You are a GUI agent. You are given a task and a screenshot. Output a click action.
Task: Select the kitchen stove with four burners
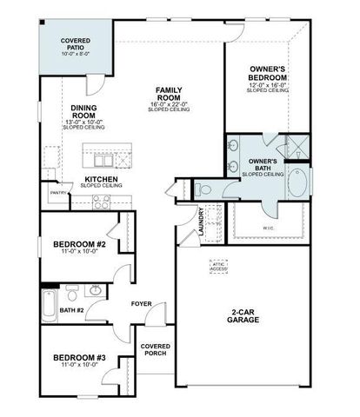coord(102,202)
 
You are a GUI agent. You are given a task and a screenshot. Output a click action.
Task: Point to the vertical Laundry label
coord(200,221)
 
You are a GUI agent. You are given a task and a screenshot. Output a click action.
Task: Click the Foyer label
coord(142,303)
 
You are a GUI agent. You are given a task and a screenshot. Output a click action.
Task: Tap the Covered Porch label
coord(156,350)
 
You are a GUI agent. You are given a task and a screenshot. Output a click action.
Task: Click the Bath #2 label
coord(72,310)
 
